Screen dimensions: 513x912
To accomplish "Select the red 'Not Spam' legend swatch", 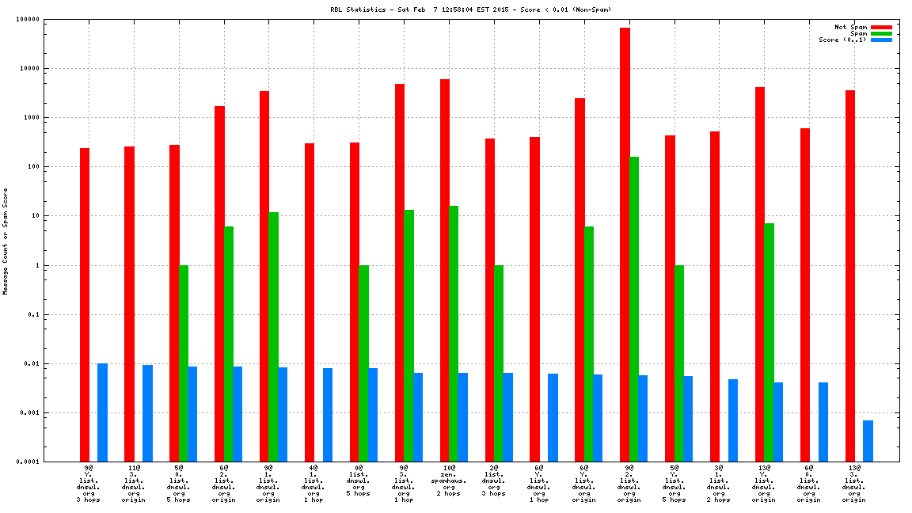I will (881, 27).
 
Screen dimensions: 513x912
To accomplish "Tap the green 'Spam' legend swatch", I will (881, 33).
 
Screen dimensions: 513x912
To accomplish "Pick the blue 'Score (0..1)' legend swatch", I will (881, 40).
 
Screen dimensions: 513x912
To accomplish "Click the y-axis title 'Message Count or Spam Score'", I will (6, 241).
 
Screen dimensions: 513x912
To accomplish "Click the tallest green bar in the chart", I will (634, 309).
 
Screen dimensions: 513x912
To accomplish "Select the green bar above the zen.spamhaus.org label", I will (454, 333).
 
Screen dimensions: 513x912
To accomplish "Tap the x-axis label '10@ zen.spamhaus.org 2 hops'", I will (449, 481).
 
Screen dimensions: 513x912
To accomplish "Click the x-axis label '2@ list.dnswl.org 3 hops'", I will (493, 481).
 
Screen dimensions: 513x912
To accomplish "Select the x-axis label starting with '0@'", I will (358, 481).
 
